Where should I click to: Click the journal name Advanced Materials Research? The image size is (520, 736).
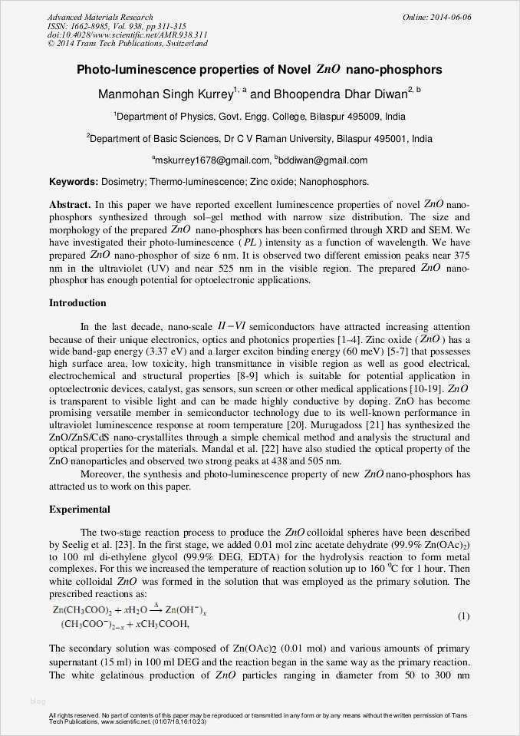[x=100, y=17]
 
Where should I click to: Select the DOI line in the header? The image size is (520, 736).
[x=127, y=35]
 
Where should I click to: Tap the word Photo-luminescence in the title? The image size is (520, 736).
[x=123, y=70]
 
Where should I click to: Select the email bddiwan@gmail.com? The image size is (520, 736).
[x=323, y=160]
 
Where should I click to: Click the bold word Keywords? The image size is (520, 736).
[x=73, y=182]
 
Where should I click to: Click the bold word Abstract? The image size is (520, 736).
[x=70, y=206]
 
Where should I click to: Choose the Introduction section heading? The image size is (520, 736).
[x=77, y=303]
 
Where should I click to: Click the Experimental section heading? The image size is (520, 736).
[x=80, y=509]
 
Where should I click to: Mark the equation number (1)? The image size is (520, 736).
[x=463, y=616]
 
